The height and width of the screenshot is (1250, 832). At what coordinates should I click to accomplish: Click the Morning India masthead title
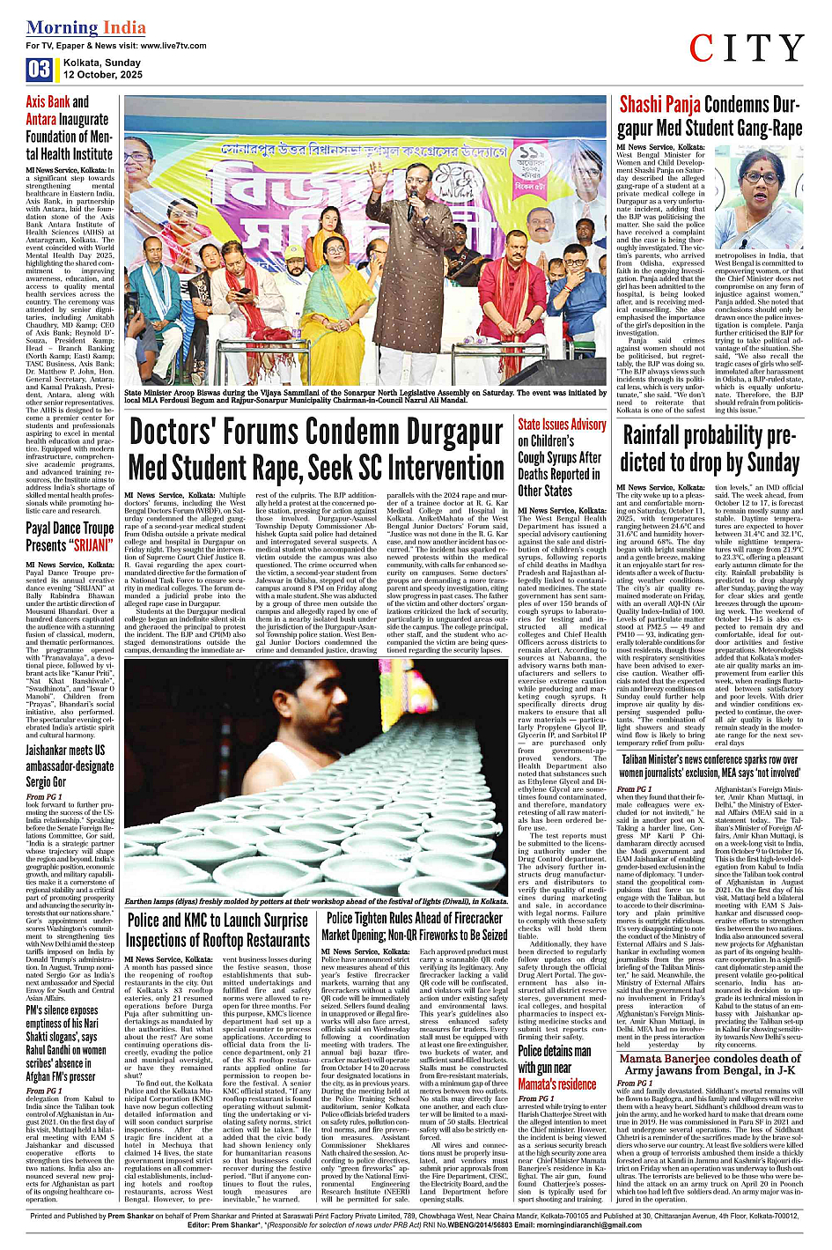click(x=86, y=27)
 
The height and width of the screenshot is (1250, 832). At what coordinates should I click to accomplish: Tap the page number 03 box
click(x=40, y=70)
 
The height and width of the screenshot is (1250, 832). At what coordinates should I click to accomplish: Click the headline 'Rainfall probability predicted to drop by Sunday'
click(x=710, y=448)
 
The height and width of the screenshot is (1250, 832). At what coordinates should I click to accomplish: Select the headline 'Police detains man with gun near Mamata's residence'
click(x=556, y=1067)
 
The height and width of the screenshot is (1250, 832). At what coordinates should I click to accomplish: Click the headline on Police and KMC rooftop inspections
click(x=217, y=929)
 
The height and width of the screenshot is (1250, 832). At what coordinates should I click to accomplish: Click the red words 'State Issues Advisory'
click(x=562, y=425)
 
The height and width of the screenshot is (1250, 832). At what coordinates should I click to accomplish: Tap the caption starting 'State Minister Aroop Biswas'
click(x=365, y=396)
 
